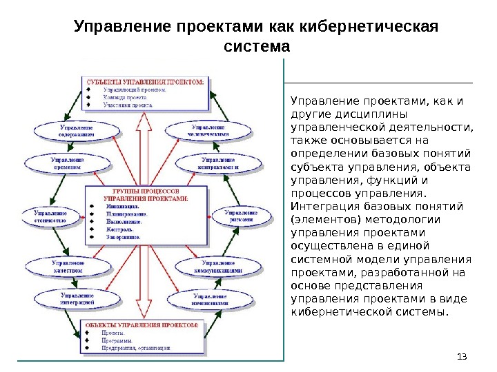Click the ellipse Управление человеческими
(208, 132)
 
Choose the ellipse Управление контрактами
(217, 163)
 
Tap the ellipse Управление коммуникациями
(221, 266)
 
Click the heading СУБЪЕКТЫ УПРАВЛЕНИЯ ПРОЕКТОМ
(145, 81)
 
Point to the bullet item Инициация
(122, 205)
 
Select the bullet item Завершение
(124, 236)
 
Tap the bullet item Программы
(119, 340)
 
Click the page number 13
(462, 355)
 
